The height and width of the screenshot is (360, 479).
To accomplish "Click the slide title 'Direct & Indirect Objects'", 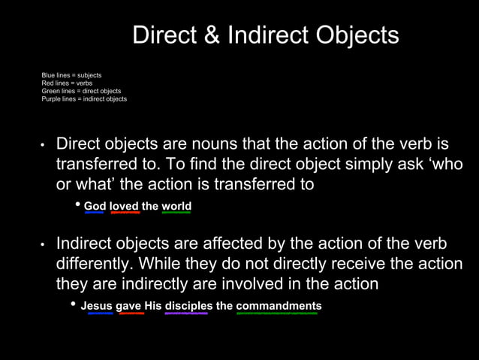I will (266, 35).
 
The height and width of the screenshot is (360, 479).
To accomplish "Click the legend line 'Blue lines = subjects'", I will (71, 75).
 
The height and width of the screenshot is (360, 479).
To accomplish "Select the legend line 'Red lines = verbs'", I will (67, 83).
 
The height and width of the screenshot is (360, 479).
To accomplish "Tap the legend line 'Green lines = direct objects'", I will (81, 91).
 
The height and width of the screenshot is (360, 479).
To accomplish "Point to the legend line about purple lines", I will (84, 98).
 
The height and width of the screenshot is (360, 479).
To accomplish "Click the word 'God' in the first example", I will (95, 206).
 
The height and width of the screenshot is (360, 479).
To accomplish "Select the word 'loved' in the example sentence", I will (125, 206).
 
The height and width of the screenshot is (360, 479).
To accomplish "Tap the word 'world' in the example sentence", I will (176, 206).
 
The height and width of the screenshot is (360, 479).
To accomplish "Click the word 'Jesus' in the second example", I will (97, 306).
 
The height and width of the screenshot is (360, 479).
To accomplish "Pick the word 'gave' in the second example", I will (129, 306).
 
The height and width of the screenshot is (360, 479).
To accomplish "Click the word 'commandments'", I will (279, 306).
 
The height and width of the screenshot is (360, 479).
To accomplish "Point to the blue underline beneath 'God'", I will (94, 213).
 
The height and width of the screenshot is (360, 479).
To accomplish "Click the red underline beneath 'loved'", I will (125, 213).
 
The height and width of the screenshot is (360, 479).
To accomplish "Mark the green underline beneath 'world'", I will (176, 213).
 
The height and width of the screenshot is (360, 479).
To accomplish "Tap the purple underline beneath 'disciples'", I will (186, 313).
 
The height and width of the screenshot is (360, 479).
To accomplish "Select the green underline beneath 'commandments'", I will (276, 313).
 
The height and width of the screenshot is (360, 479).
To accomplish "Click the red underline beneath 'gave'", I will (131, 313).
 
